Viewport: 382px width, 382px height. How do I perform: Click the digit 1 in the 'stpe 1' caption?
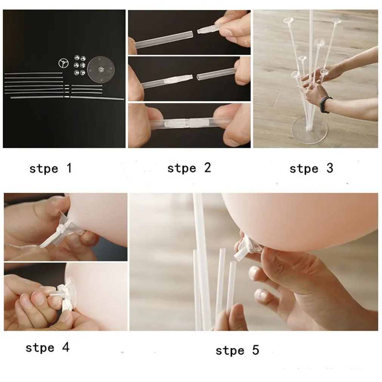[70, 168]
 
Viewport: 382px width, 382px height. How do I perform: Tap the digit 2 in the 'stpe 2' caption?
[208, 168]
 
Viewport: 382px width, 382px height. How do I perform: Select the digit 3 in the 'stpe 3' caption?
[330, 168]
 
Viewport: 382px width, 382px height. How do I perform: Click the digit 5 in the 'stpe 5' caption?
[256, 350]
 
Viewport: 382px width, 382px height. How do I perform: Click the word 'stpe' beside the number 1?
[43, 169]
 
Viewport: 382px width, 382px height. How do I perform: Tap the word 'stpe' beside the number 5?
[230, 351]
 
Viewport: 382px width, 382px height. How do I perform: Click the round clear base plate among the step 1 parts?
[101, 70]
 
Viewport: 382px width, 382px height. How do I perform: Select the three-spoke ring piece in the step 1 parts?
[64, 63]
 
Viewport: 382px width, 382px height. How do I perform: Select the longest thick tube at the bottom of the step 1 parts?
[67, 98]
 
